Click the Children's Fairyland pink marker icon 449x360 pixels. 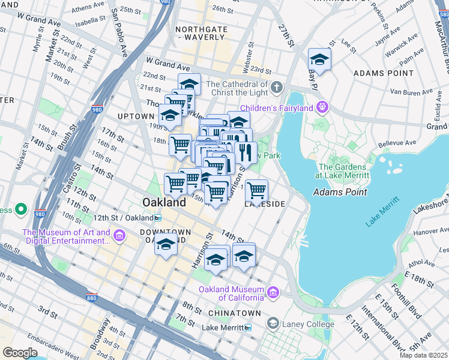323,107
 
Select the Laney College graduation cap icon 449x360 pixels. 273,324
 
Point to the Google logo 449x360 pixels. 20,353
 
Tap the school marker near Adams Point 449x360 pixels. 319,60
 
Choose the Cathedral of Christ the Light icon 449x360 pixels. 276,88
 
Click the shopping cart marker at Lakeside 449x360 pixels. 256,191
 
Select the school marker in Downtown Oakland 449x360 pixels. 166,245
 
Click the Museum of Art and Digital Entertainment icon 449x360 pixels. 119,236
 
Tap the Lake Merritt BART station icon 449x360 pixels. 248,328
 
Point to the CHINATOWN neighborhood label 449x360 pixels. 234,313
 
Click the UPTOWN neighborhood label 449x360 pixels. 136,116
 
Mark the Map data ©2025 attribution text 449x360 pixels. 423,355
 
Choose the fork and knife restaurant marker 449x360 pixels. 246,152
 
